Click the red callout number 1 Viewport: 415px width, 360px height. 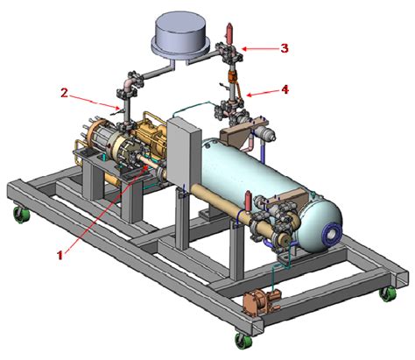pos(60,255)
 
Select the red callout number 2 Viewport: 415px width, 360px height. pos(64,93)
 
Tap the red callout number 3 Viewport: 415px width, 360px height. pos(285,48)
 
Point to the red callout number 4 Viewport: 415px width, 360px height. pos(285,89)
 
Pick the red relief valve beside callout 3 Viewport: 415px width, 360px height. pos(229,32)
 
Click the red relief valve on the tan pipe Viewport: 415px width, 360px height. pos(249,201)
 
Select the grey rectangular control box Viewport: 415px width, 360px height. pos(184,152)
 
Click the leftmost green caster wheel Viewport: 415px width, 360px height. pos(22,215)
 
